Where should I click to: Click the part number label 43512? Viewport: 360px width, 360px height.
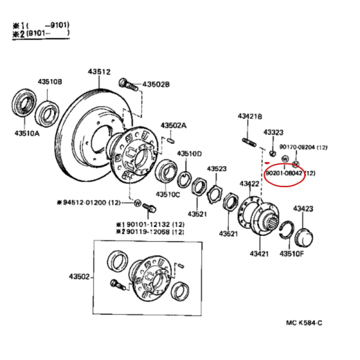click(99, 72)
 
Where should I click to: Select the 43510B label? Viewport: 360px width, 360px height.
click(50, 82)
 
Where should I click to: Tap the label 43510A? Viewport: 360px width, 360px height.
click(27, 133)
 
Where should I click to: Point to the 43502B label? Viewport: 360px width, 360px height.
click(156, 85)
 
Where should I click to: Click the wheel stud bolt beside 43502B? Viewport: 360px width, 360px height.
click(128, 85)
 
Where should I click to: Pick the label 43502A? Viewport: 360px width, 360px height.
click(173, 125)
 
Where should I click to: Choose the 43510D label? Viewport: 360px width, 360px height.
click(190, 154)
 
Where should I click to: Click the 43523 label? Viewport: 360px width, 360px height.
click(217, 169)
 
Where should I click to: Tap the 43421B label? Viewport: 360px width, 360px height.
click(250, 116)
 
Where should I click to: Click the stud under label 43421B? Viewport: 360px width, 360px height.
click(249, 142)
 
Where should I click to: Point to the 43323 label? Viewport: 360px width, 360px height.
click(273, 132)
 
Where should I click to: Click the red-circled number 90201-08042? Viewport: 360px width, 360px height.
click(284, 173)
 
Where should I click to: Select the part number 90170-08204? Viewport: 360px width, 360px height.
click(297, 147)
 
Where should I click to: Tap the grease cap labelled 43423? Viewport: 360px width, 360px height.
click(304, 238)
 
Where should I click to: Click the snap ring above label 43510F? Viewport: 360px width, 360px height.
click(287, 230)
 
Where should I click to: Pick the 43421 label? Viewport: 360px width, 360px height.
click(259, 254)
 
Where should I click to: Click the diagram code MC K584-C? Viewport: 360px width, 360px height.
click(304, 323)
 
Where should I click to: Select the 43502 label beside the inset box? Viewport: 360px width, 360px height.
click(79, 277)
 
